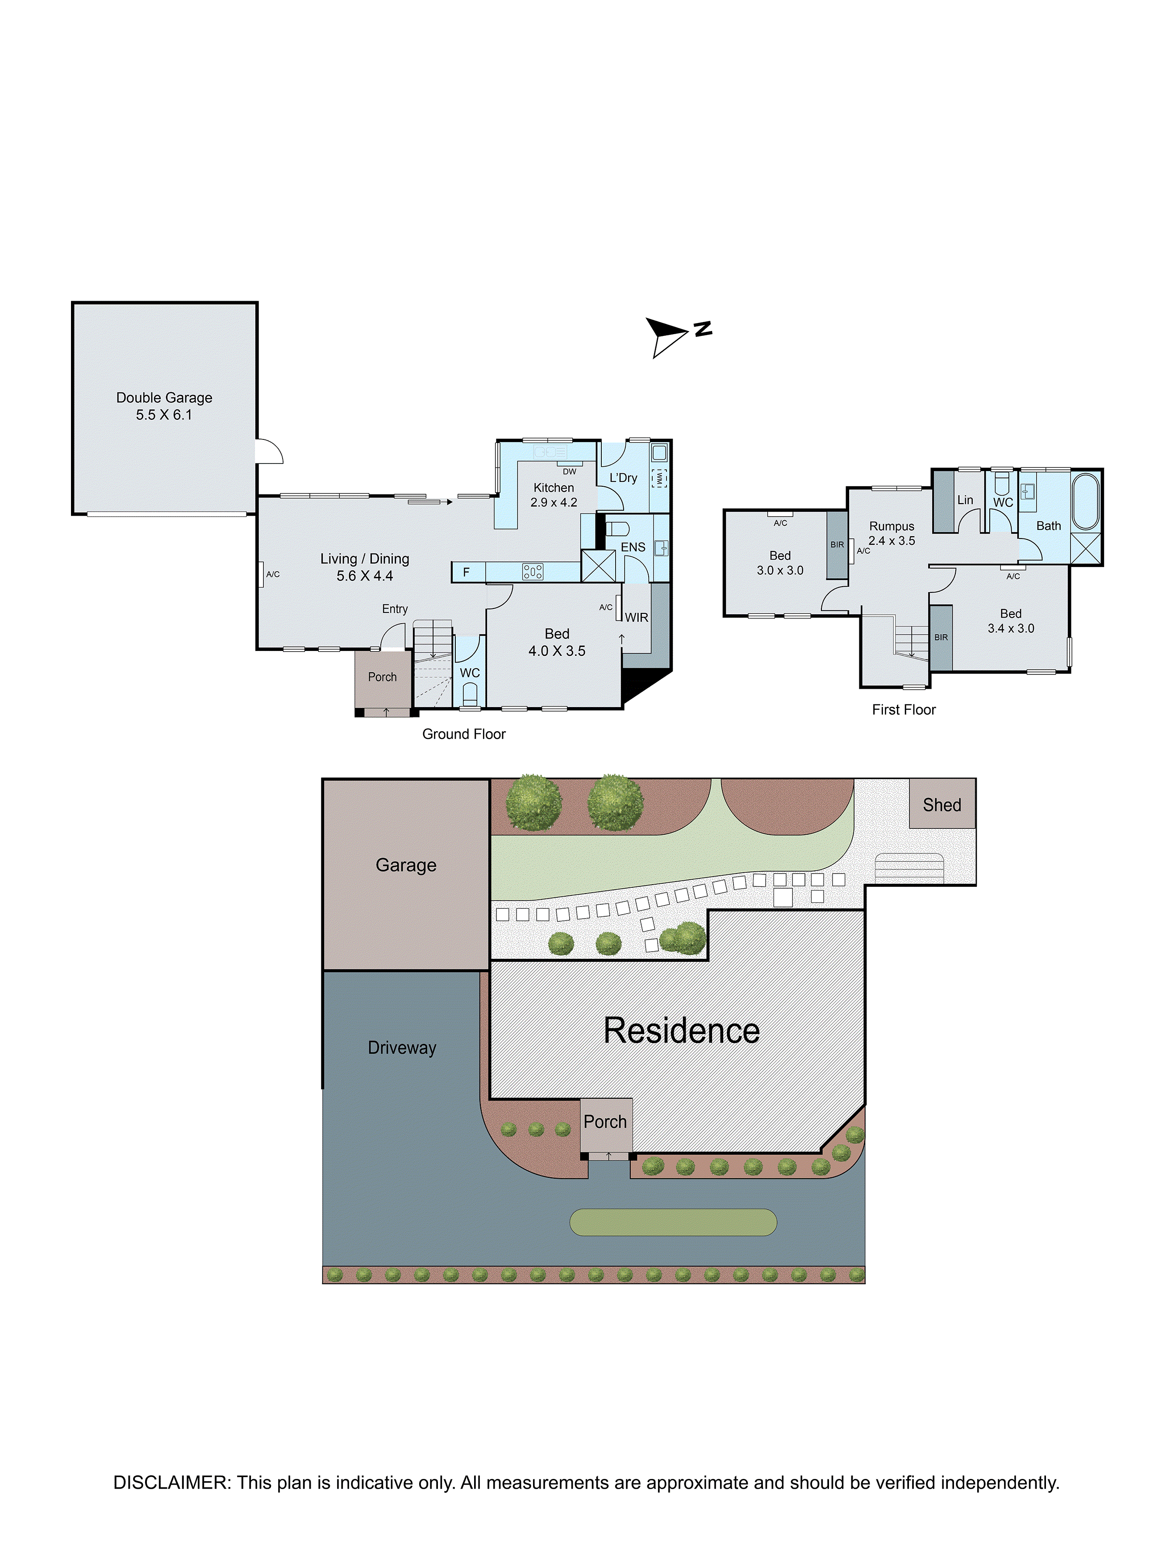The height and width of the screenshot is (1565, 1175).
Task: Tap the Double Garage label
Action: (164, 397)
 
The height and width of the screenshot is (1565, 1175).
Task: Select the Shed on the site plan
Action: (942, 804)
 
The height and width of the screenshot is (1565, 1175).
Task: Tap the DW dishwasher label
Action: (569, 471)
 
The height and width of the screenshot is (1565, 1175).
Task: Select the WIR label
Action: (636, 617)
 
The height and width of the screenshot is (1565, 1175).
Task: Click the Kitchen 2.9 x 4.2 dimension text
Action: (554, 502)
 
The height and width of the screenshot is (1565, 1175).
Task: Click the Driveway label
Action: (402, 1048)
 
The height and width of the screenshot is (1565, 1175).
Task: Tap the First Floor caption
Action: (904, 710)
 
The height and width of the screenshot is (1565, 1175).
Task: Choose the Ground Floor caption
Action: (464, 734)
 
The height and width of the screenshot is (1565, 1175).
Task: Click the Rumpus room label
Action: (892, 526)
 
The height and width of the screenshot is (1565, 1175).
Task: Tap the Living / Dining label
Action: (365, 559)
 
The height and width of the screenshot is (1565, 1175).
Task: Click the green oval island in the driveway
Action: (673, 1222)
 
